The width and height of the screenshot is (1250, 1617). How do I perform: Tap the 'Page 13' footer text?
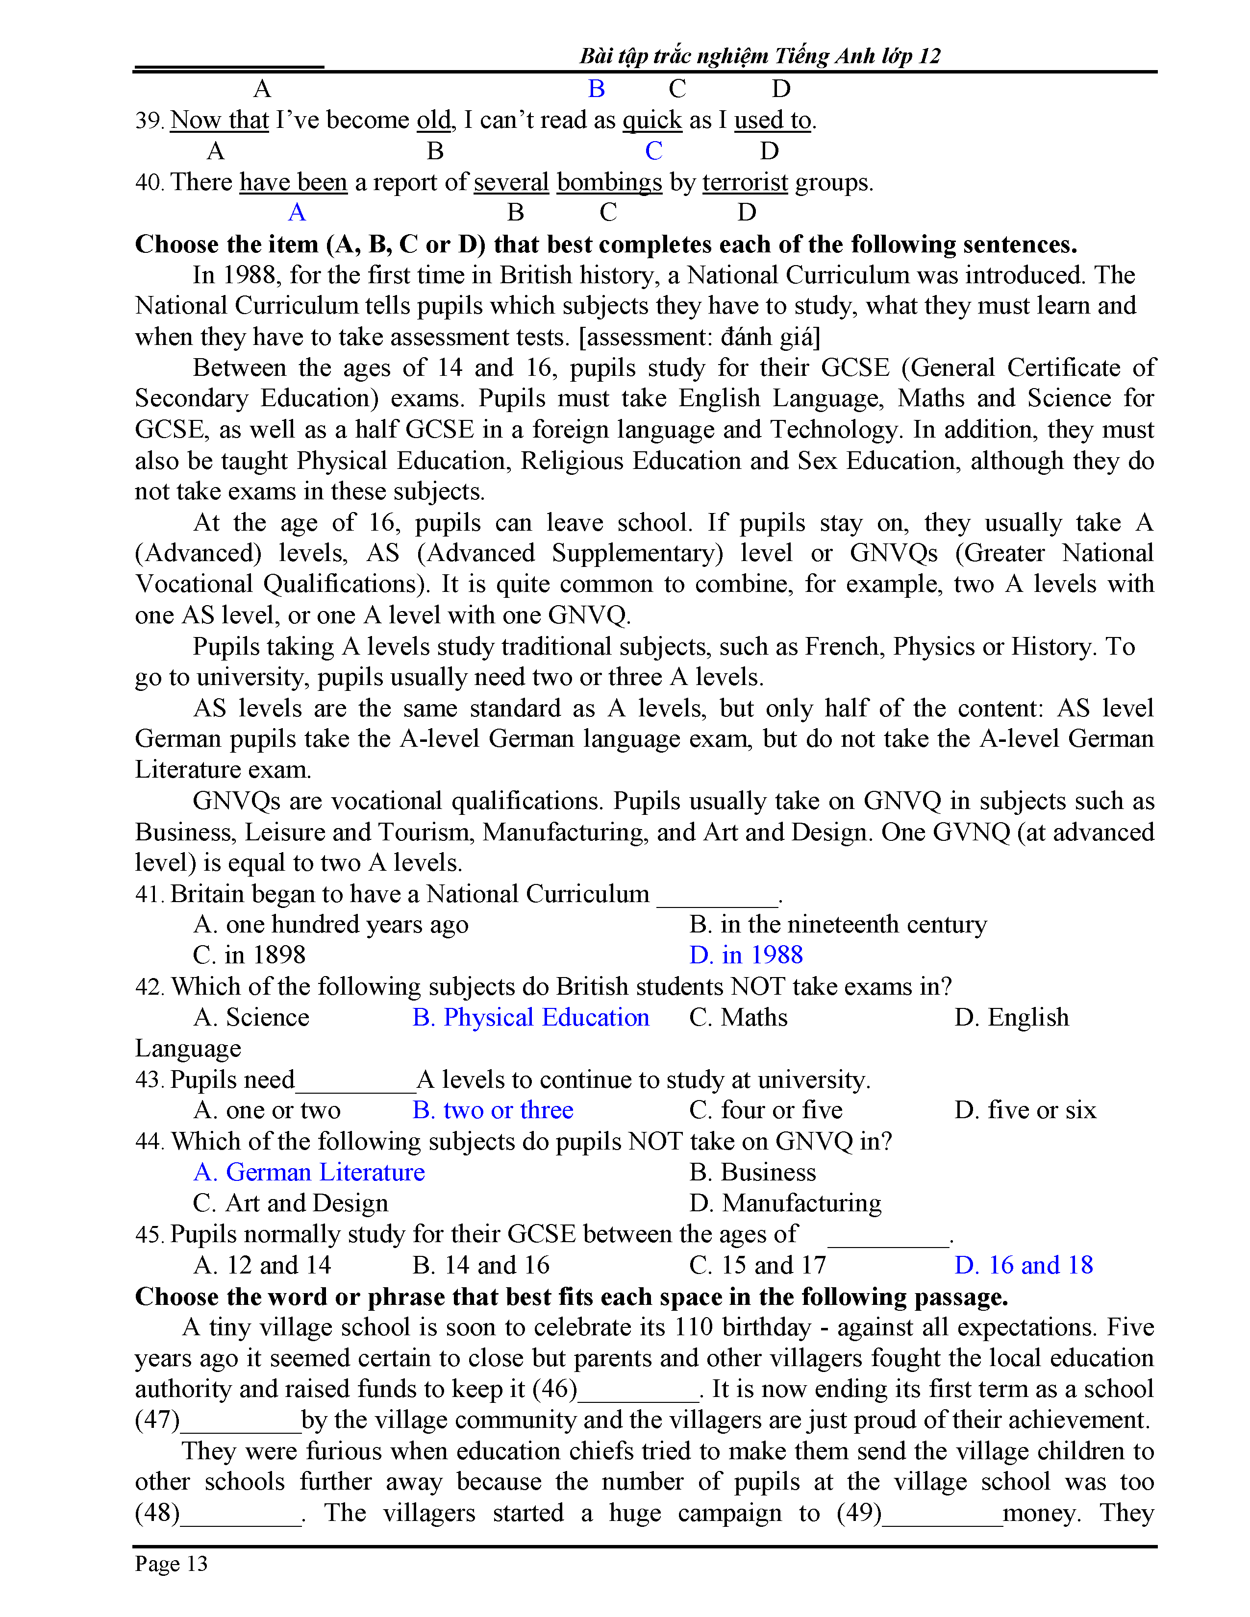[x=171, y=1563]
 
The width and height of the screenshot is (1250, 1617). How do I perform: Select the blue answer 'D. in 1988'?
[x=746, y=955]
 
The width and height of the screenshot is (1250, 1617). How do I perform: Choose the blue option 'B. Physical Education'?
[x=530, y=1017]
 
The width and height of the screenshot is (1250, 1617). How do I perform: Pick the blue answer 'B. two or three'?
[x=493, y=1110]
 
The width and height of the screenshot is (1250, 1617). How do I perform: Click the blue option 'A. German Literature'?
[x=309, y=1172]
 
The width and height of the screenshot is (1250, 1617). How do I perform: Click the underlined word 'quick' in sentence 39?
[x=651, y=120]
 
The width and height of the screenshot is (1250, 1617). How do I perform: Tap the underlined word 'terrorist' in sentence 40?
[x=745, y=182]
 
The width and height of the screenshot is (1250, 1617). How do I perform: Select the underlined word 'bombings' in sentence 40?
[x=609, y=182]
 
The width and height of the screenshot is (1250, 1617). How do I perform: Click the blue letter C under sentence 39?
[x=653, y=151]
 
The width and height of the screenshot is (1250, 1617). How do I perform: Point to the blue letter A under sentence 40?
[x=297, y=213]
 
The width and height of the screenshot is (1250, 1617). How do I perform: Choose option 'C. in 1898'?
[x=250, y=955]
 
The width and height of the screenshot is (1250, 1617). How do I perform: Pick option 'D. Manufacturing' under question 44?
[x=785, y=1203]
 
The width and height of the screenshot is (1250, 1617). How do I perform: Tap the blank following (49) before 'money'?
[x=942, y=1513]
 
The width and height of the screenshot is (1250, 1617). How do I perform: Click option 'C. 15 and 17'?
[x=757, y=1265]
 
